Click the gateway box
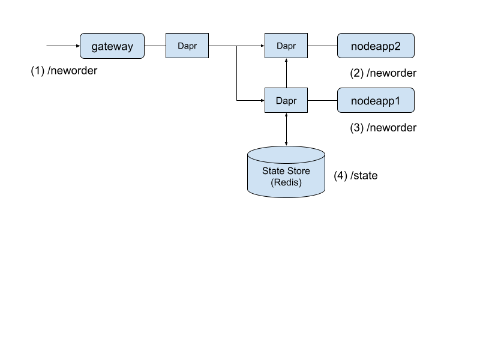tap(112, 46)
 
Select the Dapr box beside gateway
tap(187, 46)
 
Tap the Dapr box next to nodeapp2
tap(286, 46)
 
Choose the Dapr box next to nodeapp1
tap(286, 100)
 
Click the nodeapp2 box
tap(376, 46)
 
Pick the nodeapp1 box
tap(376, 101)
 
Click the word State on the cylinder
tap(273, 171)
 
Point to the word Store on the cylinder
tap(298, 171)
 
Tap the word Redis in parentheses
tap(286, 182)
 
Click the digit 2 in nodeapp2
tap(397, 46)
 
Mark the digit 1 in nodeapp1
tap(397, 101)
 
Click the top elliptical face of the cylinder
tap(286, 154)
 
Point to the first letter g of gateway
tap(95, 47)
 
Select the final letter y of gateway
tap(130, 47)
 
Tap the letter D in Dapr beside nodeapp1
tap(279, 101)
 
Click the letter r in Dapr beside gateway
tap(195, 46)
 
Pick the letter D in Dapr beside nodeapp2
tap(280, 46)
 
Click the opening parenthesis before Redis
tap(272, 182)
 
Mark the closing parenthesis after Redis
tap(300, 182)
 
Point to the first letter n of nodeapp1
tap(354, 101)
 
